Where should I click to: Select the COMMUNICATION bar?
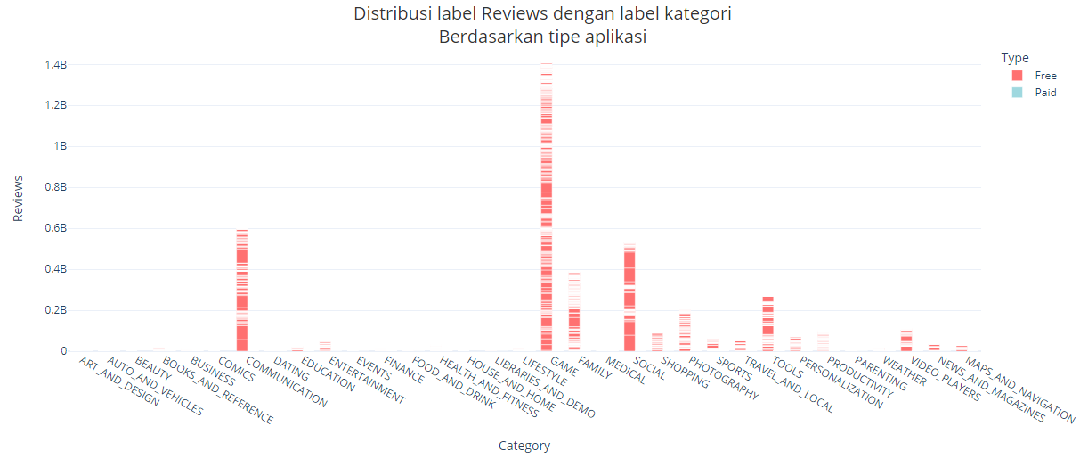tap(242, 294)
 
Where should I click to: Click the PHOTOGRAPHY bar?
tap(685, 334)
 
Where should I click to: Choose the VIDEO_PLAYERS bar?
tap(906, 341)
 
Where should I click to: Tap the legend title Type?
tap(1015, 58)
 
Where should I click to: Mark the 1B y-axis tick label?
tap(61, 146)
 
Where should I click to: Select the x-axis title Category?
tap(524, 446)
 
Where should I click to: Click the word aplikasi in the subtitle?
tap(615, 37)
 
